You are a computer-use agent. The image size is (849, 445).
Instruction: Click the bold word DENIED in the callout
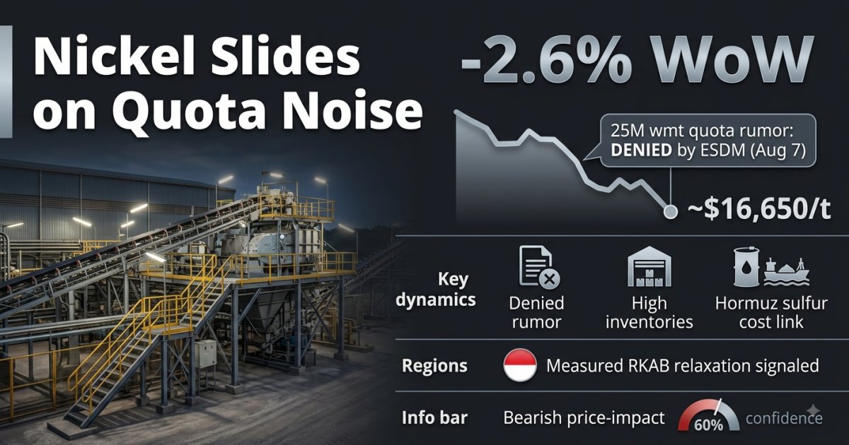point(641,150)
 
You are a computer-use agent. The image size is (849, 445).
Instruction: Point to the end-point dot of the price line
point(670,212)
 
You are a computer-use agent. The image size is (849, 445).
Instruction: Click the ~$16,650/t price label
point(759,209)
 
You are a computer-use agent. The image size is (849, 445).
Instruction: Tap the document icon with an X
point(538,268)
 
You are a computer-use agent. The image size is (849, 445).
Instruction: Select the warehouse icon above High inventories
point(649,266)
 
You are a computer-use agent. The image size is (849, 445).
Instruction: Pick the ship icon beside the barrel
point(787,271)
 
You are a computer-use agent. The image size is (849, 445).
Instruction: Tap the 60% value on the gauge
point(708,425)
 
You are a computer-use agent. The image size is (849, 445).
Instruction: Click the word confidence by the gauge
point(784,418)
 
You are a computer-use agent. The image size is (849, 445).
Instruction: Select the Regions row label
point(434,366)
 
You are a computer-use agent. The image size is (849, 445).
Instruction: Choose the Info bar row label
point(434,417)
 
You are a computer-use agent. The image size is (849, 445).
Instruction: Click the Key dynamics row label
point(436,290)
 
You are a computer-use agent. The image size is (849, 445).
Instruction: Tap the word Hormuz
point(742,304)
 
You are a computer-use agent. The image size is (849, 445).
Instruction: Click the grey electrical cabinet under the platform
point(205,353)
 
